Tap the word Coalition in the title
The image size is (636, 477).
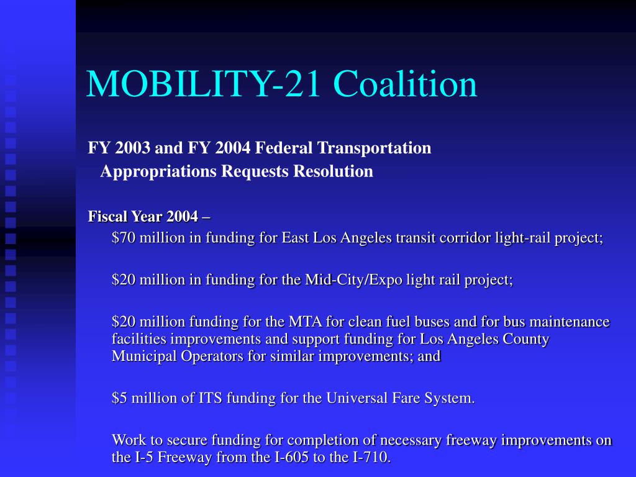point(405,84)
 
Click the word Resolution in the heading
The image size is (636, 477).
point(333,171)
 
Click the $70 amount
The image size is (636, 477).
point(124,237)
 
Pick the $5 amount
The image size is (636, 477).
point(119,398)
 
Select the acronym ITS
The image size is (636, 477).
point(210,398)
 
